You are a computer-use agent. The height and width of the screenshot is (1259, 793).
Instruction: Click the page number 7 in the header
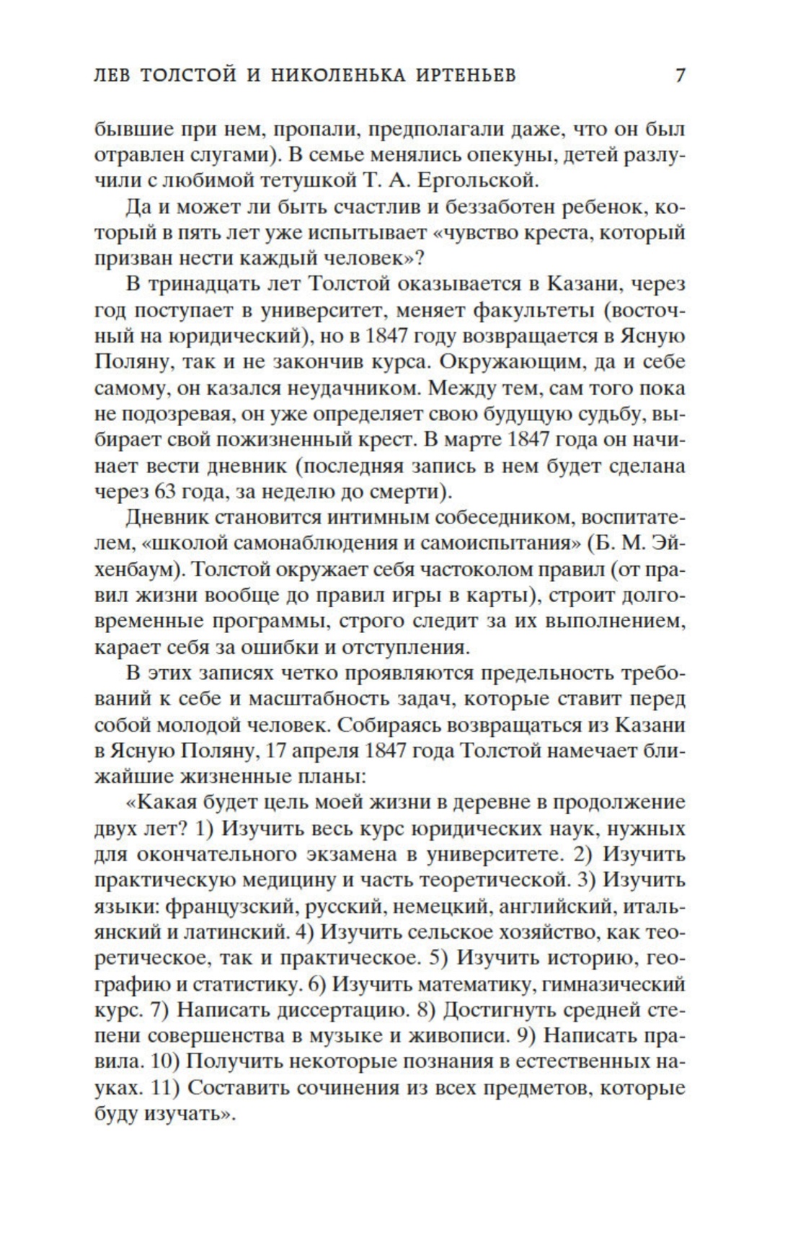coord(679,76)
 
